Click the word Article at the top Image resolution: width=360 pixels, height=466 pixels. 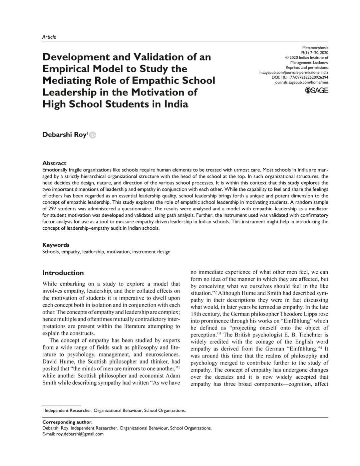49,37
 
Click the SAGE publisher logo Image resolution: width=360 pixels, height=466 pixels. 317,90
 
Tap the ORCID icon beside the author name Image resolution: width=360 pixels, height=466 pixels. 93,135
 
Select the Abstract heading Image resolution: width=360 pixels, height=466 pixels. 54,163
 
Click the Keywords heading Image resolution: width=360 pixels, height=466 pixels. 56,245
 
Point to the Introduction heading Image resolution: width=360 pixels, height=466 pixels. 63,273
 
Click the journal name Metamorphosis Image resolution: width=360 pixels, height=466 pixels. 315,48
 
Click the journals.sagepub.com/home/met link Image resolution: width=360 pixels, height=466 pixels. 301,82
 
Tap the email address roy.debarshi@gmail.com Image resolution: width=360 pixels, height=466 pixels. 80,434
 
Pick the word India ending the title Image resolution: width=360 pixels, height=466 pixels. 176,104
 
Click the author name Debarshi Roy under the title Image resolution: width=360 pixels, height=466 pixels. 64,135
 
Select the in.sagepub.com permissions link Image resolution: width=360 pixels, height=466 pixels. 293,72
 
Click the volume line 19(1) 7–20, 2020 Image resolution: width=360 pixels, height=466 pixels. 314,53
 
